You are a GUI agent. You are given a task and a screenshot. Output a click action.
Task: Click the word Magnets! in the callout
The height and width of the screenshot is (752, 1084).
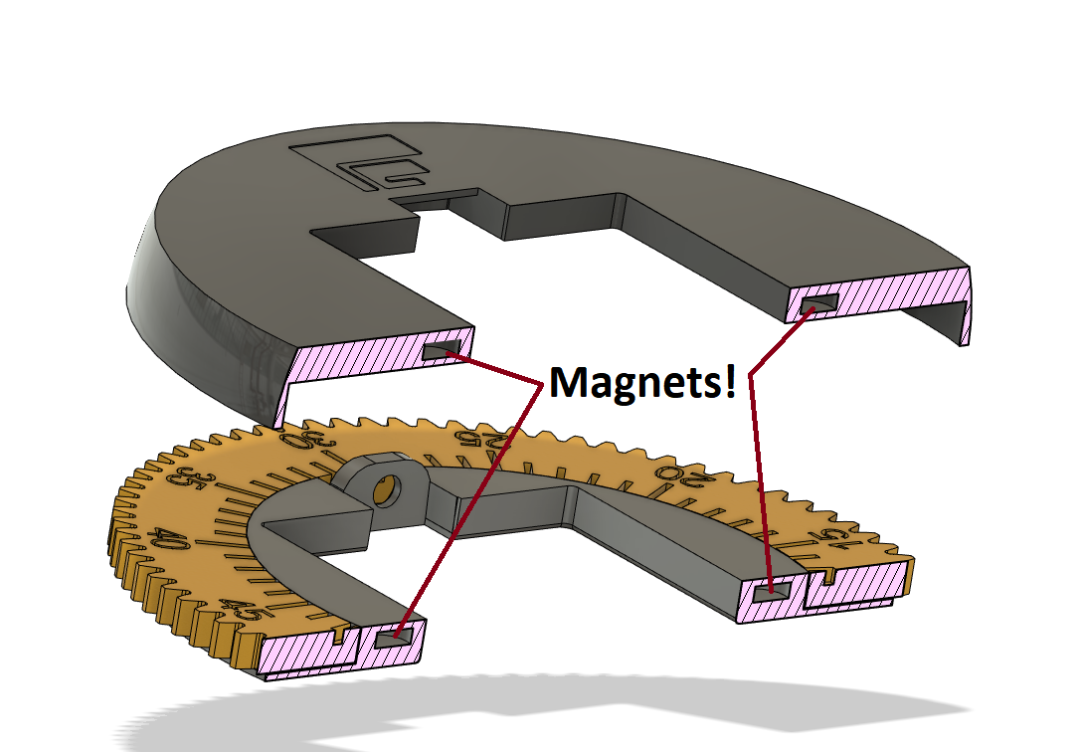tap(642, 382)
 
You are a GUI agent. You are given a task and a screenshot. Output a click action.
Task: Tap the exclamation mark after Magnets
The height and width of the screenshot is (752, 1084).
tap(730, 379)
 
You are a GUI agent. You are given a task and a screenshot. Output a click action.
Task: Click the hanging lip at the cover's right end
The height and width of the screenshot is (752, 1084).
tap(964, 307)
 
